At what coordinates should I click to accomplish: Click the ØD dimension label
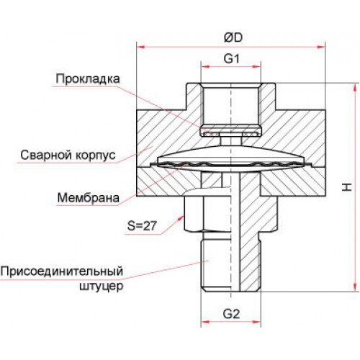(x=233, y=37)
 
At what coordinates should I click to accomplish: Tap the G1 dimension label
(x=231, y=58)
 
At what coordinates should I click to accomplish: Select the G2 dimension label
(x=231, y=314)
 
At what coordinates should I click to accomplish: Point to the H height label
(x=346, y=187)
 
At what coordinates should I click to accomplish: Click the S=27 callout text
(x=142, y=225)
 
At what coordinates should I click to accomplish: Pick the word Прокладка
(x=88, y=78)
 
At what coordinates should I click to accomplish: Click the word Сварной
(x=46, y=155)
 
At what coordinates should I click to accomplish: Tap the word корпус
(x=96, y=156)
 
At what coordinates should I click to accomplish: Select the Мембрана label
(x=89, y=198)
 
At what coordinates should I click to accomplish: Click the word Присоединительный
(x=62, y=271)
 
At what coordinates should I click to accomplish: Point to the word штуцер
(x=101, y=287)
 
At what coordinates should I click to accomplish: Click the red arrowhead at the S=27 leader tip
(x=181, y=218)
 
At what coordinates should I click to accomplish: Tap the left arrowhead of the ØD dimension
(x=141, y=47)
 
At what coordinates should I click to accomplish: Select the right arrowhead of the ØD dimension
(x=321, y=47)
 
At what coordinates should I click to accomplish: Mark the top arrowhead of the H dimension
(x=355, y=88)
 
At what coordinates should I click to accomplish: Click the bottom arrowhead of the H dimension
(x=355, y=287)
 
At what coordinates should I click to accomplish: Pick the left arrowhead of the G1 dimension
(x=205, y=67)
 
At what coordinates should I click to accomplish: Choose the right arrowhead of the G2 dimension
(x=256, y=322)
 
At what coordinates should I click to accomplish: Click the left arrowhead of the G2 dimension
(x=205, y=322)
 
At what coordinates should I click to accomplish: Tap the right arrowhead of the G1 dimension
(x=256, y=67)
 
